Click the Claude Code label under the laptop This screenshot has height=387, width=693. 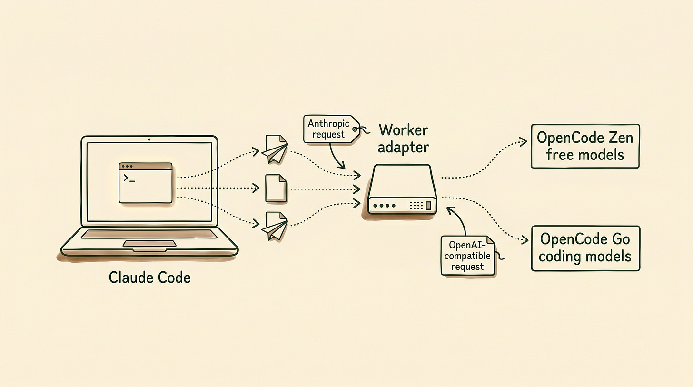(x=149, y=278)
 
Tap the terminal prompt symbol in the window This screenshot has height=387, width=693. (x=129, y=178)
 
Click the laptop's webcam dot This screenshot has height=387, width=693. (x=149, y=139)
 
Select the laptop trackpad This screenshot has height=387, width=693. (x=149, y=244)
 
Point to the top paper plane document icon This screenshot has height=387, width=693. (x=275, y=149)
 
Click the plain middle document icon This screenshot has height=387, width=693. (x=276, y=188)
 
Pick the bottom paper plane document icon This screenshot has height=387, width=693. (x=275, y=226)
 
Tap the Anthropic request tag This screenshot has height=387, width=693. (x=332, y=129)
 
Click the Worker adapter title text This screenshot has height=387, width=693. (x=404, y=138)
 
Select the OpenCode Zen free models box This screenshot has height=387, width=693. (x=585, y=146)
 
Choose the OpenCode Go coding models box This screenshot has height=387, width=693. (x=585, y=248)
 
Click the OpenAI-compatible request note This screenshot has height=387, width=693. (x=467, y=256)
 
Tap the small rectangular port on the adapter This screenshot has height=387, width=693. (x=428, y=206)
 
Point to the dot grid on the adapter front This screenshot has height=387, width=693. (x=416, y=206)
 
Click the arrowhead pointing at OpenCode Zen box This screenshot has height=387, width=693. (x=523, y=142)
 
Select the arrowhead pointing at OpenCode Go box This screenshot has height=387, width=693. (x=525, y=240)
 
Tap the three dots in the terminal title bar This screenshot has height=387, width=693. (x=127, y=167)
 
